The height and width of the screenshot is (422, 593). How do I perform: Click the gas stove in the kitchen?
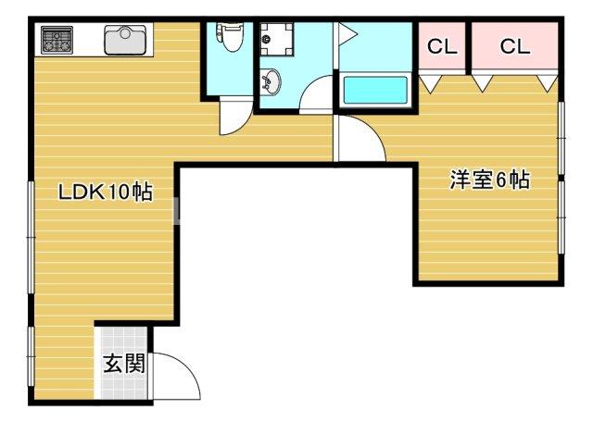(x=57, y=40)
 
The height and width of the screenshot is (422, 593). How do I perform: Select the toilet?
(x=230, y=37)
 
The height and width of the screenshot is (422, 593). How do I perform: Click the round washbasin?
(x=271, y=82)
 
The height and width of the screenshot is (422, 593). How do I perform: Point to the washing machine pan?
(x=274, y=38)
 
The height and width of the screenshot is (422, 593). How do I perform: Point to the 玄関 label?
(x=122, y=364)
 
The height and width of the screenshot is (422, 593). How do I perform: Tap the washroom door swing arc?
(x=317, y=96)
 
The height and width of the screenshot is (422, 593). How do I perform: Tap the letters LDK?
(x=79, y=192)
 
